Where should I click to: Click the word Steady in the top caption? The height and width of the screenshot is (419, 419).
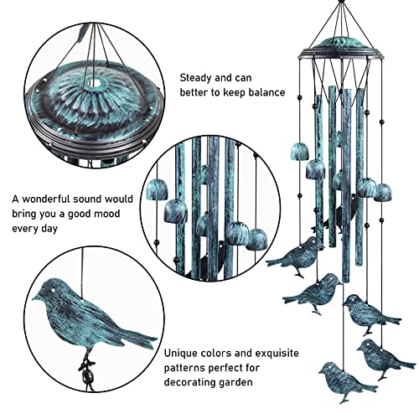pos(196,77)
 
